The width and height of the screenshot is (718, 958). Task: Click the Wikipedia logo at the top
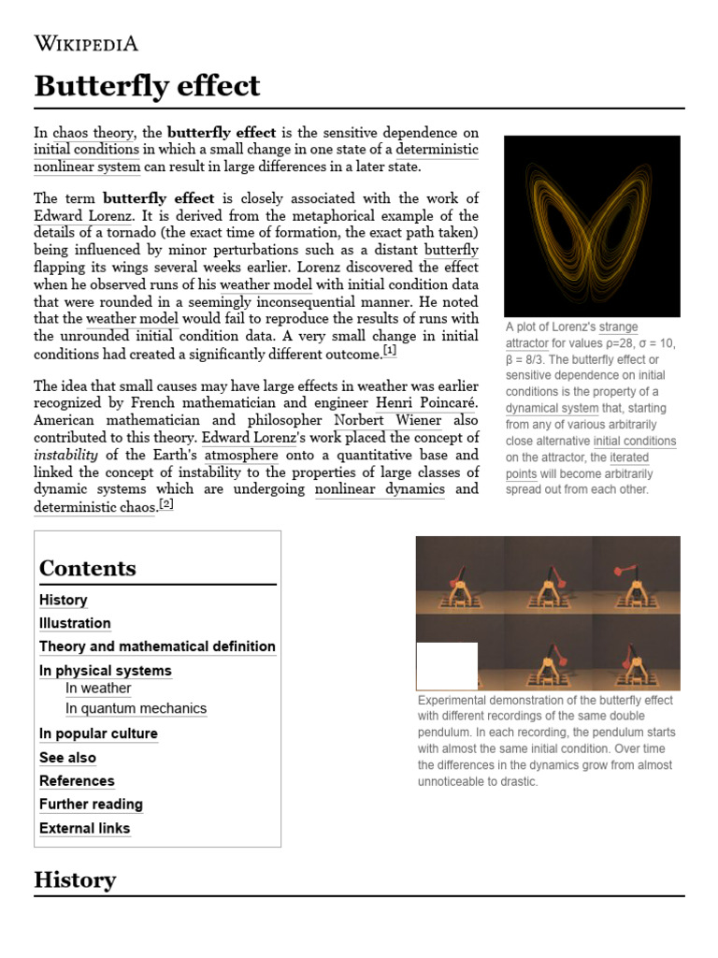tap(86, 43)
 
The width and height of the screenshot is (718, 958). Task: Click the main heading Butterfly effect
tap(147, 86)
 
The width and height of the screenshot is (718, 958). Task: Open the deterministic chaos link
tap(95, 507)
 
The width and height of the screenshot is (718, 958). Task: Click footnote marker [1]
tap(390, 351)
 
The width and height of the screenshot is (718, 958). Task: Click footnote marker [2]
tap(166, 503)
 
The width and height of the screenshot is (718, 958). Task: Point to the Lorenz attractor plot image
tap(592, 225)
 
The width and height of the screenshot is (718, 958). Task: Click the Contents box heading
tap(88, 568)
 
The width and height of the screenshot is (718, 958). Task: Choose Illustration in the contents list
tap(75, 623)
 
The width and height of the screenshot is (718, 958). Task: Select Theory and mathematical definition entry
tap(157, 646)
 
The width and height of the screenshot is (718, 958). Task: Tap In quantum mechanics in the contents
tap(136, 708)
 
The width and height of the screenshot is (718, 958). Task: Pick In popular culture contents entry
tap(98, 733)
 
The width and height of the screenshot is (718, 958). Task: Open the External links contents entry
tap(84, 828)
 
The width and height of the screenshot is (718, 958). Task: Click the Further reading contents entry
tap(91, 805)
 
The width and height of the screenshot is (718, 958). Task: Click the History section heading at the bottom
tap(75, 879)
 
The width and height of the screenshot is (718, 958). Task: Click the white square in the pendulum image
tap(447, 665)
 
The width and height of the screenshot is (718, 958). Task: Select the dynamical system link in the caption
tap(552, 408)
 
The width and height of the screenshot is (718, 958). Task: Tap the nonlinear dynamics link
tap(380, 489)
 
